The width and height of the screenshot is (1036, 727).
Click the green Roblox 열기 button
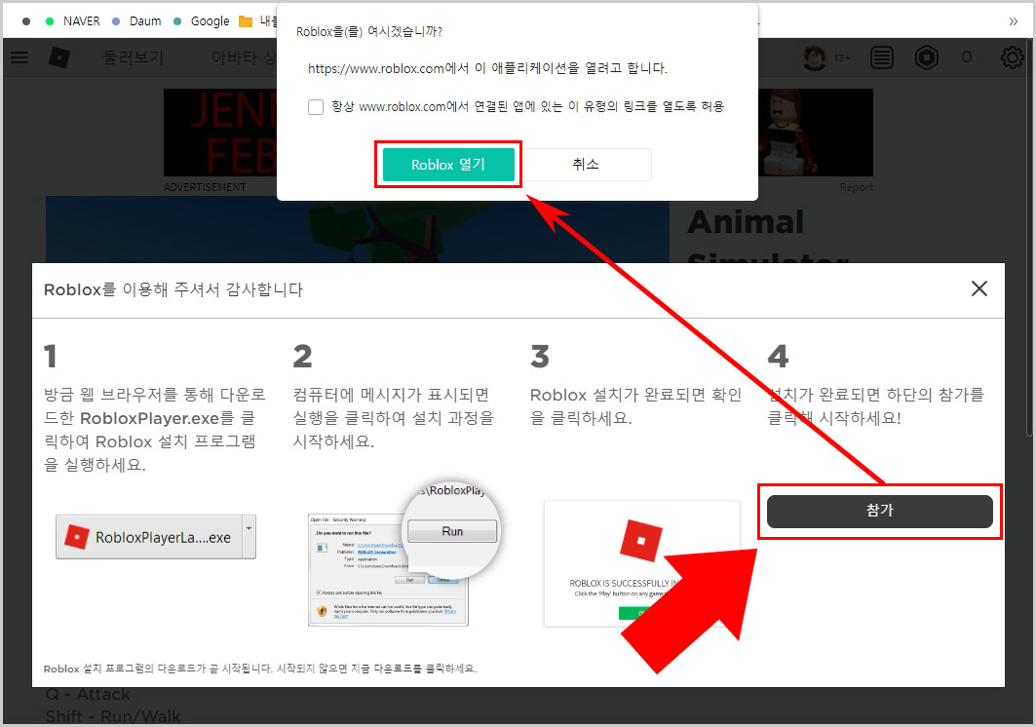tap(447, 165)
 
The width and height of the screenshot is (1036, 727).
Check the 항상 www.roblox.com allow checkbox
tap(316, 107)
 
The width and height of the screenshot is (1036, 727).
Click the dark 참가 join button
tap(879, 512)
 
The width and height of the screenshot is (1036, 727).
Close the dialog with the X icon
tap(978, 288)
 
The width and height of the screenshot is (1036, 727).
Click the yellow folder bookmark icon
tap(245, 20)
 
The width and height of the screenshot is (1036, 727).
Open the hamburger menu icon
tap(19, 57)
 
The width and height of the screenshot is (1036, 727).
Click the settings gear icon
tap(1012, 57)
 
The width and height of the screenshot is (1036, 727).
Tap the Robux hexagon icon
tap(926, 57)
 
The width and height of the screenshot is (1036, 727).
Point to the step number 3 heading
tap(539, 356)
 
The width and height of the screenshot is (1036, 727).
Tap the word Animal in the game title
tap(746, 223)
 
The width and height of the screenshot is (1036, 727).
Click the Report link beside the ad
tap(857, 187)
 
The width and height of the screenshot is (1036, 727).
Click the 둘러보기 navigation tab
tap(134, 57)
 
